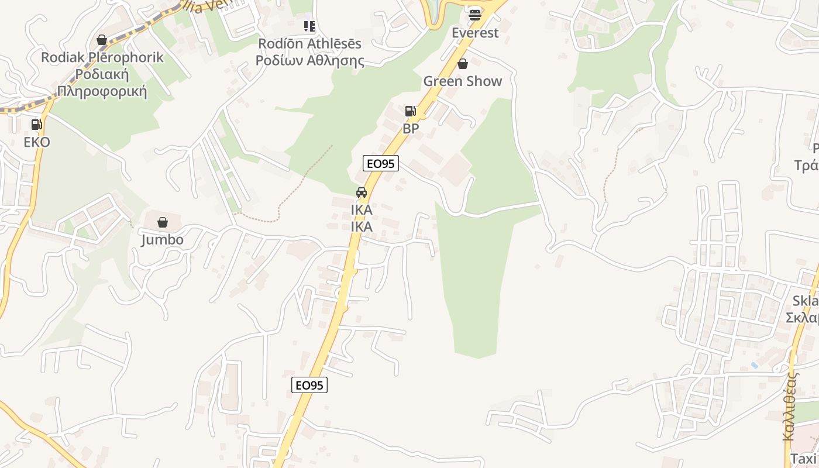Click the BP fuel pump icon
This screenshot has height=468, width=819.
pyautogui.click(x=411, y=111)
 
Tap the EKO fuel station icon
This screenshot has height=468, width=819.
pyautogui.click(x=36, y=124)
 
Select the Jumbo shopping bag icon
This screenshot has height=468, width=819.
pyautogui.click(x=163, y=222)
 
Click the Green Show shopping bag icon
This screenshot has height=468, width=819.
pyautogui.click(x=463, y=64)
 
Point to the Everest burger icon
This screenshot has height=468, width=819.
pyautogui.click(x=474, y=14)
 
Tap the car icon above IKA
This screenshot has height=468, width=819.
pyautogui.click(x=362, y=192)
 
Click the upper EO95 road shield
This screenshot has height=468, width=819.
pyautogui.click(x=381, y=163)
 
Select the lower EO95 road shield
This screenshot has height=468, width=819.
pyautogui.click(x=309, y=385)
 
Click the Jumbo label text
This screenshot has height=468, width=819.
pyautogui.click(x=163, y=240)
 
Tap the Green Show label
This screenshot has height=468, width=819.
pyautogui.click(x=463, y=81)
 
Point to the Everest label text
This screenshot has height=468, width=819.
pyautogui.click(x=475, y=33)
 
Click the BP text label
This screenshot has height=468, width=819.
pyautogui.click(x=411, y=129)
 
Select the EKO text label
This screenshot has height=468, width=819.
pyautogui.click(x=37, y=142)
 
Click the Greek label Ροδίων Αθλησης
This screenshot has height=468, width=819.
pyautogui.click(x=310, y=61)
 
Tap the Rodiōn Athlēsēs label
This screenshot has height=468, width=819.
pyautogui.click(x=310, y=44)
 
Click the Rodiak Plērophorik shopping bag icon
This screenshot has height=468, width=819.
pyautogui.click(x=102, y=40)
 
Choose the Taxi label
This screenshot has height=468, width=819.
pyautogui.click(x=803, y=459)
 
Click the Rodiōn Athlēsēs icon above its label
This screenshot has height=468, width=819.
pyautogui.click(x=309, y=26)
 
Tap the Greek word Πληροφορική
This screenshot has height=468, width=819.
pyautogui.click(x=102, y=92)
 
